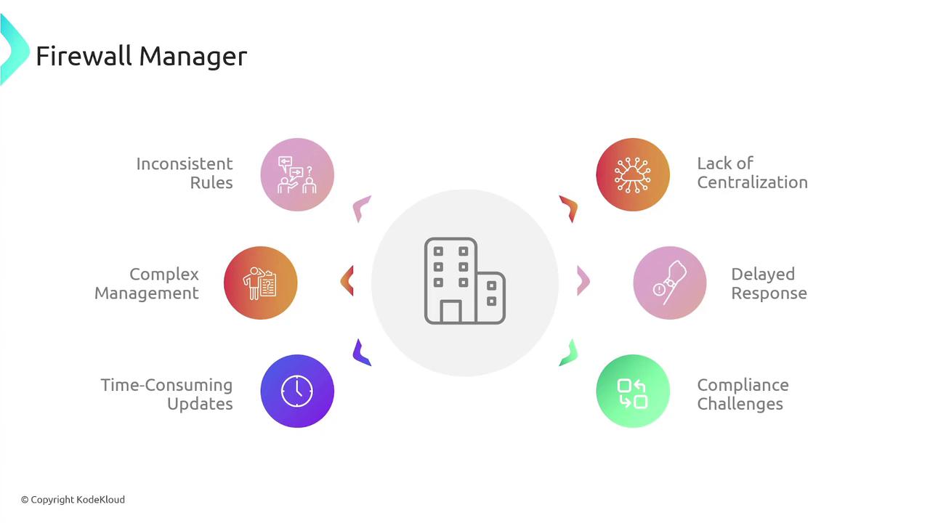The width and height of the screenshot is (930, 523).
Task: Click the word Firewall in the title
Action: coord(84,56)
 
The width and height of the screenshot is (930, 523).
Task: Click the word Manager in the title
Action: coord(193,57)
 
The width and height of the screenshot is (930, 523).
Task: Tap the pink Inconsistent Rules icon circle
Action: coord(297,175)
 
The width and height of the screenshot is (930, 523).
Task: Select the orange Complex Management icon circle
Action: coord(261,283)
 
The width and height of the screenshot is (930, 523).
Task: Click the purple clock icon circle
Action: coord(297,391)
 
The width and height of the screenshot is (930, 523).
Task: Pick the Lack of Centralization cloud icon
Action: coord(633,175)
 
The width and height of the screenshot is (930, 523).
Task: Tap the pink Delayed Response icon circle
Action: coord(670,283)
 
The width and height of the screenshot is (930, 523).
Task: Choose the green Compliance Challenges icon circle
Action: coord(633,391)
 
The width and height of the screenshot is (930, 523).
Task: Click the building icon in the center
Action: coord(464,281)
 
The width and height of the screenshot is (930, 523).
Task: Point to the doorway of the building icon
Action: coord(450,312)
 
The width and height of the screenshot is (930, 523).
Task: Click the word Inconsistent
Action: coord(185,164)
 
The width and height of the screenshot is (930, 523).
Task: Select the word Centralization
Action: coord(752,182)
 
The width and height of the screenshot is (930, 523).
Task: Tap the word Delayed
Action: coord(763,275)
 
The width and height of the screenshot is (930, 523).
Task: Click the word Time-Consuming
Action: coord(166,386)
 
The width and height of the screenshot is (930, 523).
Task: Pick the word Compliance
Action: coord(743,386)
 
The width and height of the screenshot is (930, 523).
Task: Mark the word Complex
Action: coord(164,275)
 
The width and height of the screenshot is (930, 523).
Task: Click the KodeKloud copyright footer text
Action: coord(73,500)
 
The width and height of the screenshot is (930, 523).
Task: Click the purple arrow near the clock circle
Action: coord(360,354)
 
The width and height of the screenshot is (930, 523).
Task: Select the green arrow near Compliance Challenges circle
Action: coord(569,354)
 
